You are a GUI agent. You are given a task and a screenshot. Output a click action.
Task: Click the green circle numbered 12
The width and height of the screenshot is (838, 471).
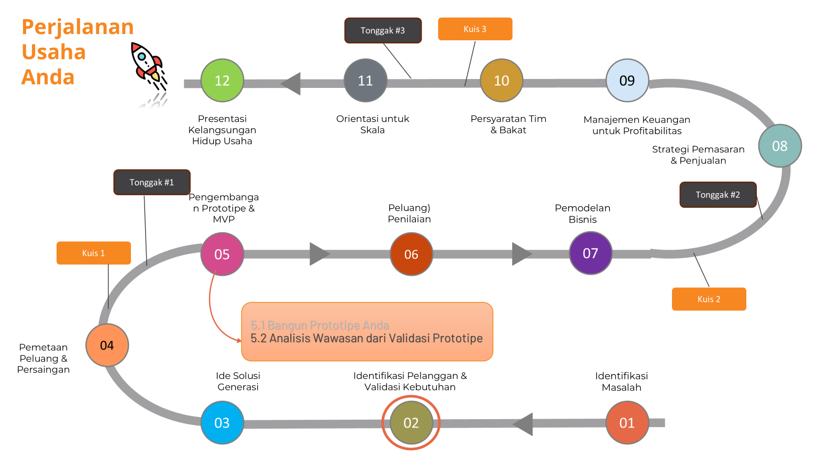click(x=222, y=81)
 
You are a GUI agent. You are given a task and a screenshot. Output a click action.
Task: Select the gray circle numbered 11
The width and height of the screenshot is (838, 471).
click(x=365, y=81)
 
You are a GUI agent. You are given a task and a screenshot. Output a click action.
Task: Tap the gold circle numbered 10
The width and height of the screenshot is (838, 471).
click(x=501, y=81)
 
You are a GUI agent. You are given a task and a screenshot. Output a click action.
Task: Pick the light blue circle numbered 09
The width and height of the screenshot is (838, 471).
click(x=627, y=81)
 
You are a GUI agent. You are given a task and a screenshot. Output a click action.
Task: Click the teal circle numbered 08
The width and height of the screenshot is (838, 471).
click(x=780, y=146)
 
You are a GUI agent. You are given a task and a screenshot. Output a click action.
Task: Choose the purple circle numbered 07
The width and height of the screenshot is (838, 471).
click(x=590, y=253)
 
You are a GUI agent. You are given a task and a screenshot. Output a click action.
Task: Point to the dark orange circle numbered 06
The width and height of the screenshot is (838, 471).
click(x=411, y=254)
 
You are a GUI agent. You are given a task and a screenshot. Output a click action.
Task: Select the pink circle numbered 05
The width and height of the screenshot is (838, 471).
click(x=222, y=254)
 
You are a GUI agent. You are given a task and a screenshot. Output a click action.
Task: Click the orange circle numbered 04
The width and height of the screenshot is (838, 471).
click(x=107, y=345)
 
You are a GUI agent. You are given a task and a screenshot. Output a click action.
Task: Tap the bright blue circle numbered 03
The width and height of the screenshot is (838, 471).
click(x=222, y=423)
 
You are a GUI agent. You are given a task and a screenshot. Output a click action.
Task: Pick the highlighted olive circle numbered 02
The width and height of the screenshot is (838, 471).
click(x=411, y=423)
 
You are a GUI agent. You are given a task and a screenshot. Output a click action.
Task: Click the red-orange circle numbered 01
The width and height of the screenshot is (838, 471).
click(x=627, y=423)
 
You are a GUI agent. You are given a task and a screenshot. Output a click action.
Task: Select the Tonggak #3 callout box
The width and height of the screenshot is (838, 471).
click(x=383, y=30)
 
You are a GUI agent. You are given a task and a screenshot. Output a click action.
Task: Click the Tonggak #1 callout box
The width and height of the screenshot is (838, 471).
click(x=152, y=182)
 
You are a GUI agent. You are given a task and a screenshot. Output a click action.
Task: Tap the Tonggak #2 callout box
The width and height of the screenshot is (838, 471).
click(x=718, y=195)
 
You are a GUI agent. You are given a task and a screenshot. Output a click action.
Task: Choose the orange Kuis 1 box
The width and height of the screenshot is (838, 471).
click(x=94, y=253)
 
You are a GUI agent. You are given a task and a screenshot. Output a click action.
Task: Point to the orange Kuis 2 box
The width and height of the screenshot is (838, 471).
click(x=709, y=299)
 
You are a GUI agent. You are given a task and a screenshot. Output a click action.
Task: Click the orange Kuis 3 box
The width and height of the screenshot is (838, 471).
click(x=475, y=29)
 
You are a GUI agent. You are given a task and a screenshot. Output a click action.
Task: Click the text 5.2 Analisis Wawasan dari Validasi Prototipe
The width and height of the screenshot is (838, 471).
click(x=367, y=339)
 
